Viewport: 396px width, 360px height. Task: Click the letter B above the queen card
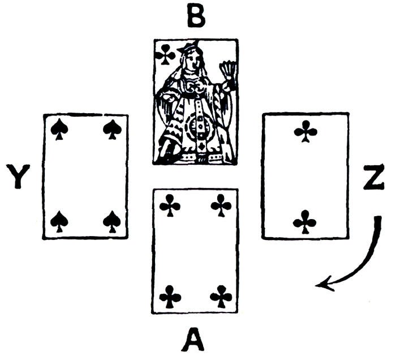(x=196, y=18)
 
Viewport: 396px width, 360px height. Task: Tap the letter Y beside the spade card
(x=20, y=177)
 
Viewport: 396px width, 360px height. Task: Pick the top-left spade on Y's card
(x=59, y=130)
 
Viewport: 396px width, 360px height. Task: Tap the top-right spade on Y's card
(x=112, y=130)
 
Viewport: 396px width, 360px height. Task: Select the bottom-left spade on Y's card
(x=59, y=221)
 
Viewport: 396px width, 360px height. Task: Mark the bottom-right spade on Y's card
(x=112, y=221)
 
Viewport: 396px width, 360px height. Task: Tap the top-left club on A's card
(x=170, y=205)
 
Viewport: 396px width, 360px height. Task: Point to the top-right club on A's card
(x=221, y=205)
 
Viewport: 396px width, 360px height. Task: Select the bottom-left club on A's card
(x=170, y=296)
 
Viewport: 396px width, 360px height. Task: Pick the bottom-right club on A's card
(x=221, y=296)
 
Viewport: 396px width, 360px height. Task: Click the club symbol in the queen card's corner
(x=165, y=55)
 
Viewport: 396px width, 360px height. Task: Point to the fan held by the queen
(x=228, y=71)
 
